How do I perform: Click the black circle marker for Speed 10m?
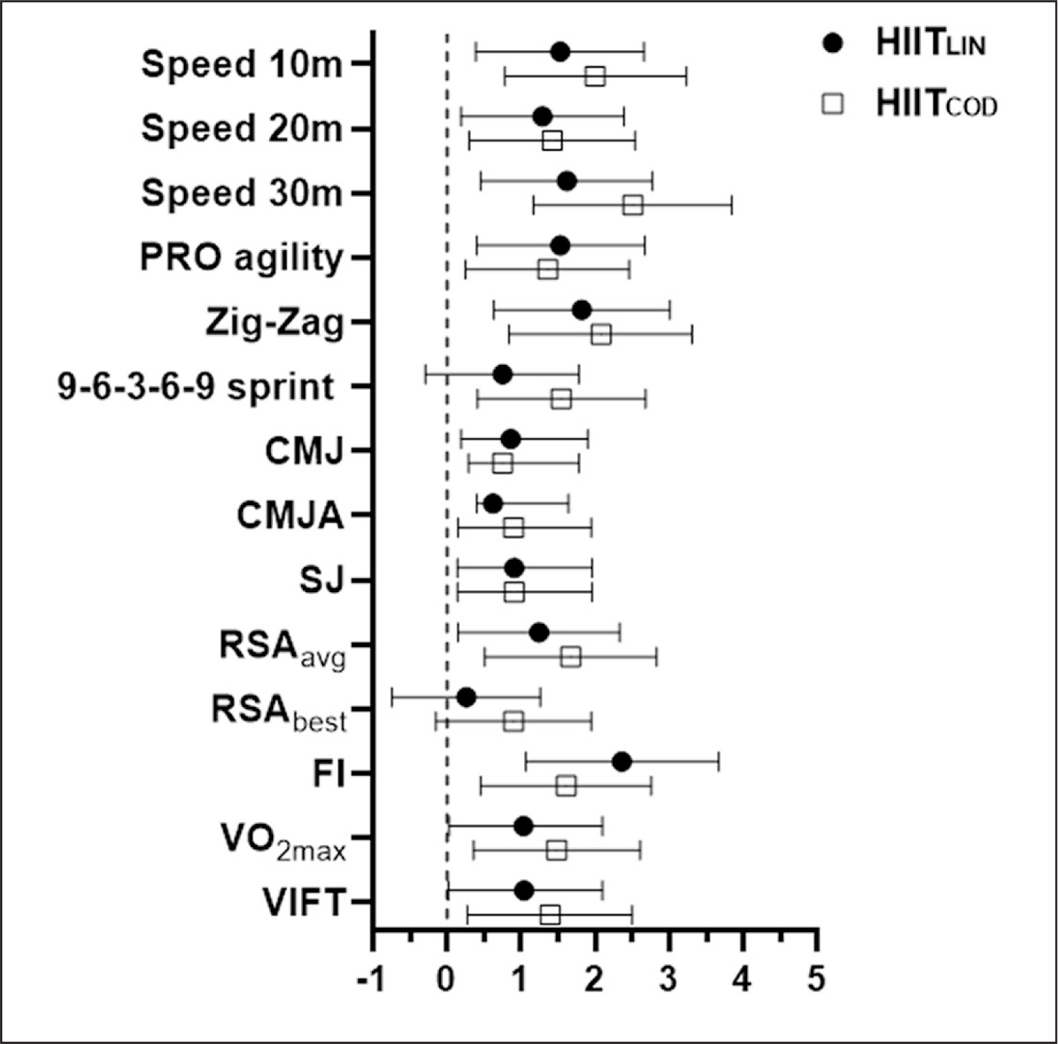[560, 52]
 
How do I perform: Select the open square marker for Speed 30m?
[633, 205]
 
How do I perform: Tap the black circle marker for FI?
[622, 762]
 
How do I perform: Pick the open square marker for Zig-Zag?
[601, 335]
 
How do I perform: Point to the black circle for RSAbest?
[466, 698]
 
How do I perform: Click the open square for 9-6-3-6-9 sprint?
[561, 399]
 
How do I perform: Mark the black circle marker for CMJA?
[493, 504]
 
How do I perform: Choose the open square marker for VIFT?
[550, 915]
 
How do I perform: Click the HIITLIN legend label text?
[930, 44]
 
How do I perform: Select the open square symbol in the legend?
[833, 104]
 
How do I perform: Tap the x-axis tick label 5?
[817, 979]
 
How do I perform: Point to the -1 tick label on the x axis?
[371, 979]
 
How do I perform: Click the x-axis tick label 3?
[669, 979]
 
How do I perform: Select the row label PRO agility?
[241, 257]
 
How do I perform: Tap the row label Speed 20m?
[241, 129]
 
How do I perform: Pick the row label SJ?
[320, 580]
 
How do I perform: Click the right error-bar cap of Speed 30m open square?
[732, 205]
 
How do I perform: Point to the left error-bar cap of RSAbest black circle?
[392, 698]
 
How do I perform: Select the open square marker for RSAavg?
[571, 657]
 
